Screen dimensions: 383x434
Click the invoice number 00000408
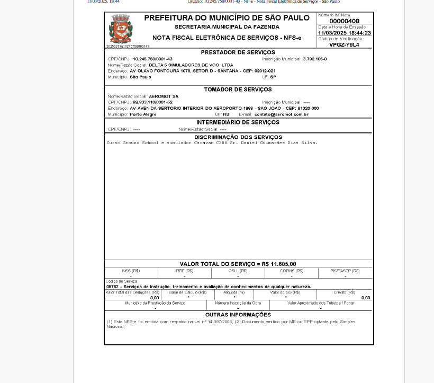[x=344, y=21]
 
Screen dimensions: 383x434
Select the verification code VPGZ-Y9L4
[x=344, y=45]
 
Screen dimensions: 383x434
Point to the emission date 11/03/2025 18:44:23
[x=344, y=33]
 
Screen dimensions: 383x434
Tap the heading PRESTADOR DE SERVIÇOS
[x=238, y=52]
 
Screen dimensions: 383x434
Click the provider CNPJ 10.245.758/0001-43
[x=152, y=59]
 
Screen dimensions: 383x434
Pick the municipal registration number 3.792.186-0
[x=315, y=59]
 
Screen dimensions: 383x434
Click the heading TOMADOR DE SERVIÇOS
[x=238, y=90]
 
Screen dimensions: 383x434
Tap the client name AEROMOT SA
[x=164, y=96]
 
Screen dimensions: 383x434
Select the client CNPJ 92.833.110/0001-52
[x=152, y=102]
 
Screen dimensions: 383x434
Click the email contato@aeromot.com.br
[x=281, y=114]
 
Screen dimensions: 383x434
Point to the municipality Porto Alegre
[x=143, y=114]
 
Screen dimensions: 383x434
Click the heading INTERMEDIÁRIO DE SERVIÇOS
[x=238, y=122]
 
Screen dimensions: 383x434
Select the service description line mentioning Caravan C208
[x=212, y=143]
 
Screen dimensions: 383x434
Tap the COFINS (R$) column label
[x=291, y=271]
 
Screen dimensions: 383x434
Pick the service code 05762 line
[x=209, y=287]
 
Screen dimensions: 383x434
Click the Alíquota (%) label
[x=234, y=292]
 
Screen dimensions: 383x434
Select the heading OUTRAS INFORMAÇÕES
[x=238, y=315]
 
